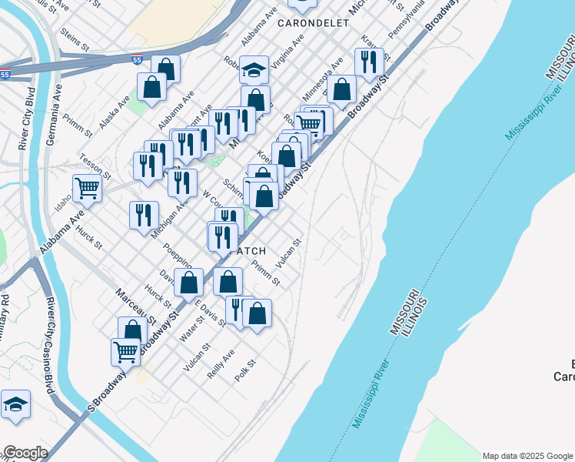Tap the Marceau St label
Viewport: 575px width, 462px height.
tap(136, 306)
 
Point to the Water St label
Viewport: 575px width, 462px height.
tap(191, 332)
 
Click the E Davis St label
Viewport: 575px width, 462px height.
tap(210, 313)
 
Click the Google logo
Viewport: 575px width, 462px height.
tap(25, 452)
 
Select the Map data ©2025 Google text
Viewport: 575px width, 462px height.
tap(527, 456)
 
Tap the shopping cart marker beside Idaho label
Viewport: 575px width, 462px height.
tap(88, 187)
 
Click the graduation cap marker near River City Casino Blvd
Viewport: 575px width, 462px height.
tap(15, 406)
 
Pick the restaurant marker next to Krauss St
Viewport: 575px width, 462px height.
tap(369, 62)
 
